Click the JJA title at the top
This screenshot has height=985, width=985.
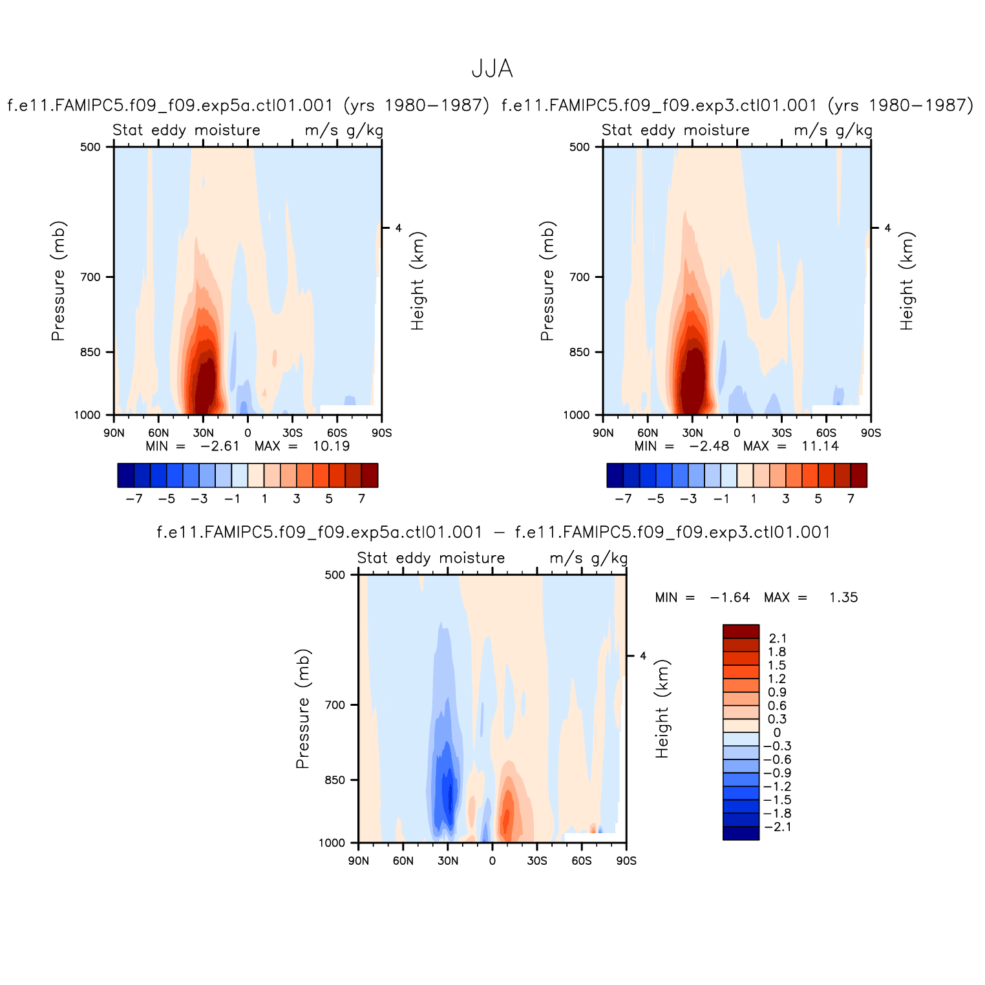point(492,69)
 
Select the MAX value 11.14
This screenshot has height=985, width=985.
point(820,446)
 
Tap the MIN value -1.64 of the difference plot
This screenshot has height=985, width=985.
point(730,597)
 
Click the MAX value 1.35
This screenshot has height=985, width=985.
point(843,597)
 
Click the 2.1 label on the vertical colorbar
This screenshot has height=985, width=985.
point(778,639)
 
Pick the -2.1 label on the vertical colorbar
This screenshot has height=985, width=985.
point(778,827)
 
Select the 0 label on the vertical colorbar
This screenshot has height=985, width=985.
point(777,733)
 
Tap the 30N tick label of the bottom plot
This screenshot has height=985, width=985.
point(447,861)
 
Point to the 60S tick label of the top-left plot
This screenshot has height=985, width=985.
point(337,433)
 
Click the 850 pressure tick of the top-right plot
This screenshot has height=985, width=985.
point(580,352)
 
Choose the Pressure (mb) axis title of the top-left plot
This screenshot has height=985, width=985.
point(58,281)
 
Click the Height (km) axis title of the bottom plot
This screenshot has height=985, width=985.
point(662,709)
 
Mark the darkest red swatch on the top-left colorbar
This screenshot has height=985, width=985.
point(370,475)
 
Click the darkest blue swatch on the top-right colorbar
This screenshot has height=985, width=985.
point(615,475)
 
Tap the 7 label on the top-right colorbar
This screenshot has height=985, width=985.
point(851,498)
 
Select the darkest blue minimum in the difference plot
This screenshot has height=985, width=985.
point(444,795)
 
